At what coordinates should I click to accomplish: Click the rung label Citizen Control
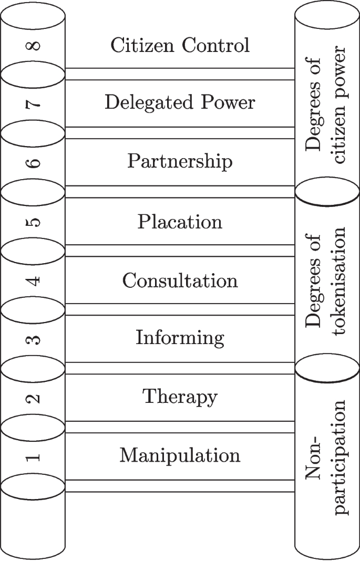(180, 46)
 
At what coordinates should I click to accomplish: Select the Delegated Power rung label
(180, 102)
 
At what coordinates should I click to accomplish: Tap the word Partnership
(180, 161)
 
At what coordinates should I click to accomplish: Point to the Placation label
(180, 222)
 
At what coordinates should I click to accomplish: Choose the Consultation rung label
(180, 280)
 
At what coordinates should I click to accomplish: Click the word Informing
(180, 337)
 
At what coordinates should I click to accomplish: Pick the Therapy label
(180, 397)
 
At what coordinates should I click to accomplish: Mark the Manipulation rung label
(180, 455)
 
